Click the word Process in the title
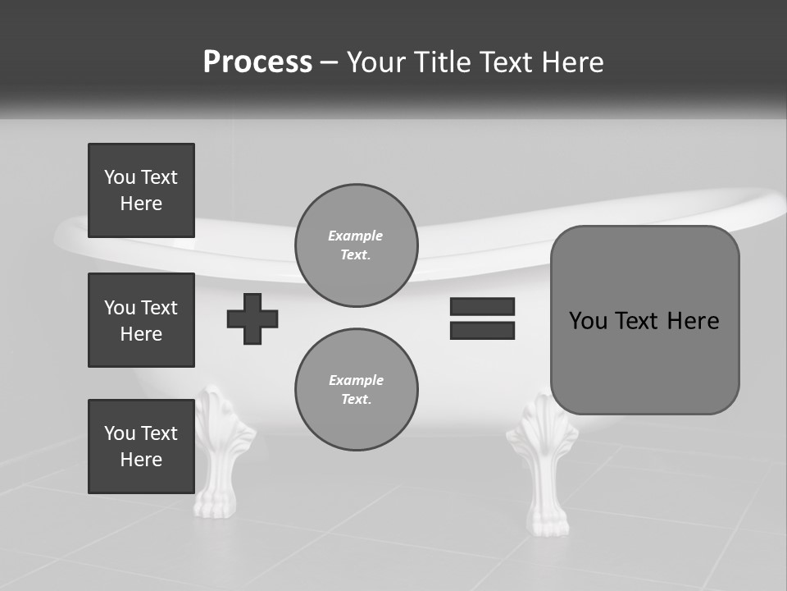point(257,62)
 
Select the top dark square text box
point(141,190)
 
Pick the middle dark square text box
point(141,320)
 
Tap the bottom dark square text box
point(141,447)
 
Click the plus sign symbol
point(252,318)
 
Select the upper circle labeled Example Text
point(356,245)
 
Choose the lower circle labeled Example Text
point(356,389)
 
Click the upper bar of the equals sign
point(482,306)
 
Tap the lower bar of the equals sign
point(482,330)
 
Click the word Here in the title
point(574,62)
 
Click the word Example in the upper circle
point(356,236)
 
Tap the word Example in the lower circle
point(356,380)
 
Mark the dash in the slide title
point(330,62)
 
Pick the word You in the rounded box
point(588,321)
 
